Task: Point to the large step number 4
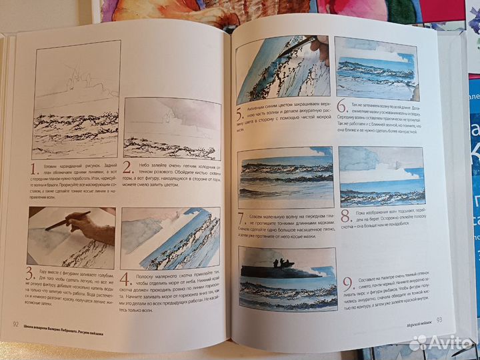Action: click(x=128, y=275)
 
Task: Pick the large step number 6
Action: click(x=341, y=107)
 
